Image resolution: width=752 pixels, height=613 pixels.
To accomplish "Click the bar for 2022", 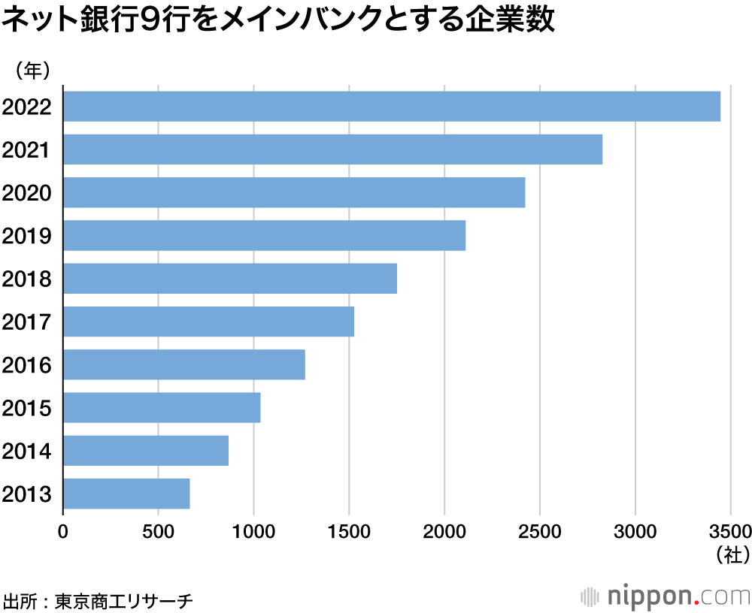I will pos(391,106).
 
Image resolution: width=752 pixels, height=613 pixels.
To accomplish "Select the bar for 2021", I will pos(332,149).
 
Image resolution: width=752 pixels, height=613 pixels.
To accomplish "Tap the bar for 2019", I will pos(264,236).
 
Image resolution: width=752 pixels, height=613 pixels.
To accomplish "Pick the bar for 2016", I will pos(184,365).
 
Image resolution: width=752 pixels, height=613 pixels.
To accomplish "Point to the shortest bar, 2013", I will pos(126,494).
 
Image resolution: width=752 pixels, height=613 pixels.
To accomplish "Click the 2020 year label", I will pos(26,193).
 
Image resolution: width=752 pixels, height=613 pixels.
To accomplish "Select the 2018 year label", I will pos(26,279).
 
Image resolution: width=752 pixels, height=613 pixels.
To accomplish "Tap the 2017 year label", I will pos(26,322).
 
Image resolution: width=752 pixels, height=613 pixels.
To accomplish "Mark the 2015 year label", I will pos(26,409).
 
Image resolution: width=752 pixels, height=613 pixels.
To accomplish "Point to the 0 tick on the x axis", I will pos(63,532).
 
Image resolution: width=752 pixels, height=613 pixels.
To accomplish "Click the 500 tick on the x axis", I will pos(159,532).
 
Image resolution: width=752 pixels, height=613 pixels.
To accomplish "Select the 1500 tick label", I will pos(349,532).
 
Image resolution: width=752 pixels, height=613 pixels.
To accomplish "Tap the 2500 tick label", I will pos(540,532).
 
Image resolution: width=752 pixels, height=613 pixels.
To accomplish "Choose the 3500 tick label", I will pos(730,532).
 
